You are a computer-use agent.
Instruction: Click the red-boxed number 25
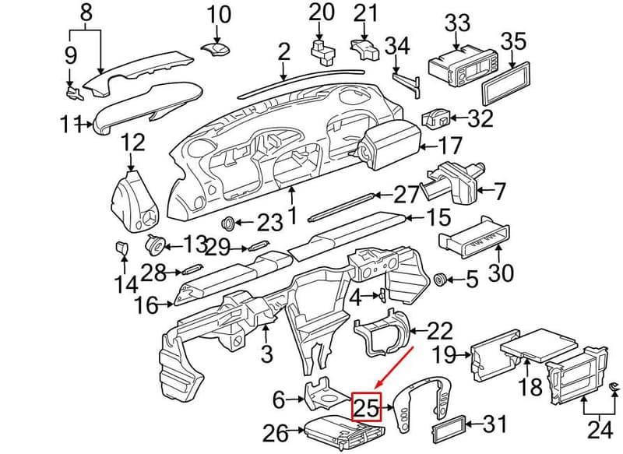click(x=366, y=407)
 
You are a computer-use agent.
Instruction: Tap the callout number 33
click(x=457, y=23)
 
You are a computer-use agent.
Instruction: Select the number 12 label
click(x=132, y=143)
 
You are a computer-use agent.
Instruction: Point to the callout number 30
click(x=501, y=273)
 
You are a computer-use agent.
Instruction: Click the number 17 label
click(x=451, y=146)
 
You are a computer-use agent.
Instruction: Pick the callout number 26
click(x=276, y=433)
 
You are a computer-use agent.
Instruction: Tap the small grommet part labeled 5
click(x=439, y=280)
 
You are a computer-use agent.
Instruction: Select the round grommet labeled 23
click(x=227, y=223)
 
